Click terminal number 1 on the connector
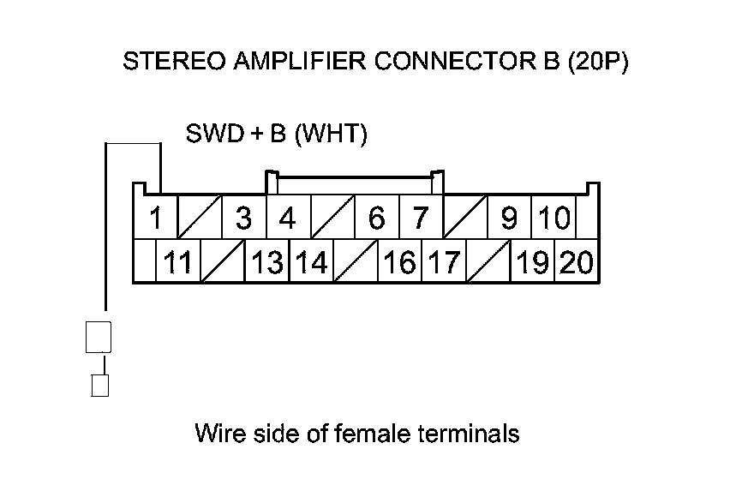click(155, 218)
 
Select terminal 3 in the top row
click(244, 218)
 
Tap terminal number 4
click(288, 218)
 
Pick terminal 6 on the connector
click(377, 218)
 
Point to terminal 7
click(422, 218)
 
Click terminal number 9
click(509, 218)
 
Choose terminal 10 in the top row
click(554, 218)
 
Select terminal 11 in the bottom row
click(178, 260)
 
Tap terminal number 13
click(267, 260)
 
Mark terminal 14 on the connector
click(312, 260)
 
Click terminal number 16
click(400, 260)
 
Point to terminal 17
click(444, 260)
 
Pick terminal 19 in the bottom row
click(532, 260)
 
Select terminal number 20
click(577, 260)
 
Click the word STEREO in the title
click(174, 61)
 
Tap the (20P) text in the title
click(598, 62)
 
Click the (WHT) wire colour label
click(331, 134)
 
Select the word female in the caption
click(372, 433)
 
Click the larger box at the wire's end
click(99, 338)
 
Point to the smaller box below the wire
click(100, 386)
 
